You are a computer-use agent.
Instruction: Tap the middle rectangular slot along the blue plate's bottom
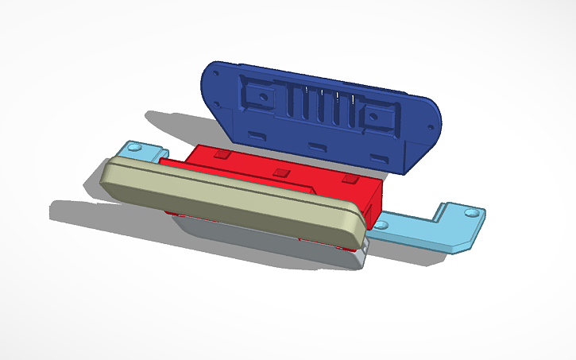316,148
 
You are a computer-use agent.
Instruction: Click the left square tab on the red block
222,153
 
